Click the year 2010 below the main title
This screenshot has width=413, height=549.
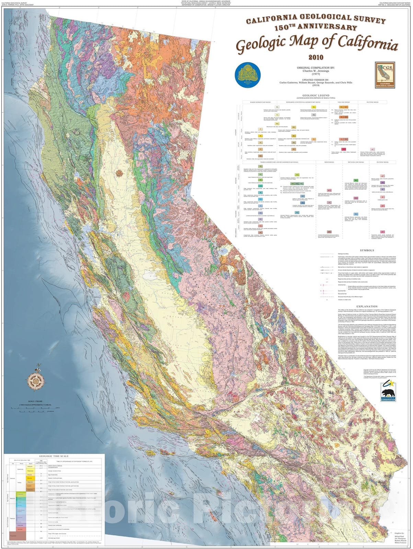click(316, 57)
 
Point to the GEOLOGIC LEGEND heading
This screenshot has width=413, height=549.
click(316, 95)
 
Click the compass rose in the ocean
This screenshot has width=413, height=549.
click(35, 380)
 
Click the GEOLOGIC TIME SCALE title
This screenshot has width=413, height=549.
click(54, 456)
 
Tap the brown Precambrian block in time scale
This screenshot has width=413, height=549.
click(12, 535)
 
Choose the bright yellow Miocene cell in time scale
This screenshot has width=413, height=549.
click(30, 478)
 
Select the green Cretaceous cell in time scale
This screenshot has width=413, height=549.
click(20, 494)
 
